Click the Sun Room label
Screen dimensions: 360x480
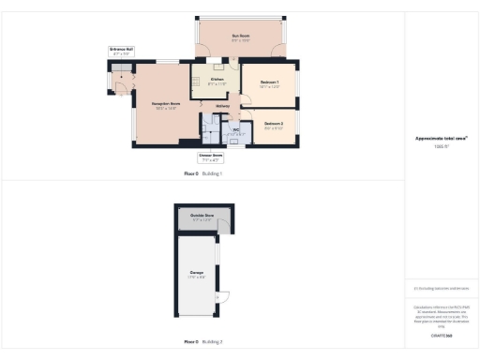point(241,37)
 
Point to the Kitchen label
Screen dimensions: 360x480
point(217,82)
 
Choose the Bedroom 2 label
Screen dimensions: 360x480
point(274,126)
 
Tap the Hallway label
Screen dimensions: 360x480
point(223,106)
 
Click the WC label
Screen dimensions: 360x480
point(236,131)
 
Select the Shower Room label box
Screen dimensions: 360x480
point(211,157)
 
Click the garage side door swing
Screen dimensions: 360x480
point(222,298)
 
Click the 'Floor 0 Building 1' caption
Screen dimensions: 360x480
point(202,174)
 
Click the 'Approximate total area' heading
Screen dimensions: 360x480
point(441,139)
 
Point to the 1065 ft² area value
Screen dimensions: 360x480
point(441,147)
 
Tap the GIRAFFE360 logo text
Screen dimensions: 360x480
point(441,335)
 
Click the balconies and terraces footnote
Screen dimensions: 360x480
point(441,289)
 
